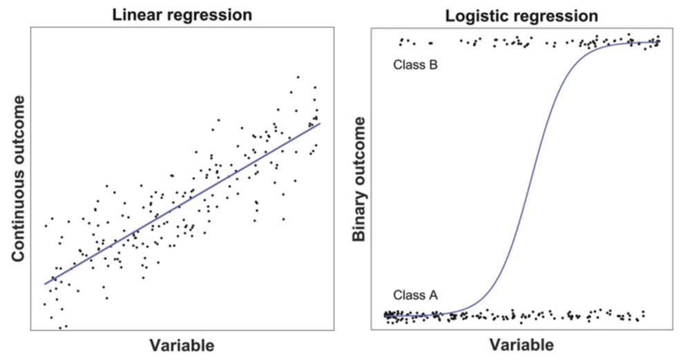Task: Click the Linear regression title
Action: [182, 14]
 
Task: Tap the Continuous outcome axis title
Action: [19, 178]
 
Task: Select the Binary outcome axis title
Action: [358, 178]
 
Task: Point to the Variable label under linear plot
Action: [182, 345]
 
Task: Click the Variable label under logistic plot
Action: [521, 345]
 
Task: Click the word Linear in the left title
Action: [139, 14]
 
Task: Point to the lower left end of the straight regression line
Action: [45, 284]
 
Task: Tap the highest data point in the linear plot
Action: [298, 77]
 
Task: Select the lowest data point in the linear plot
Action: [60, 328]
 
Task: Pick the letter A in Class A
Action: [433, 296]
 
